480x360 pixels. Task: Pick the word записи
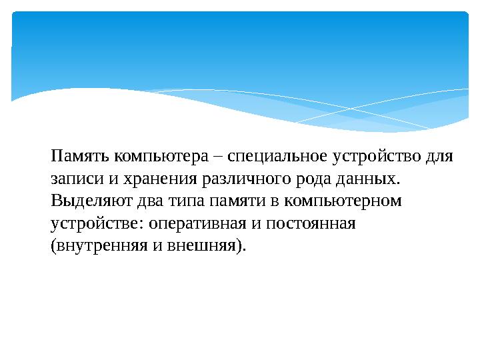(73, 180)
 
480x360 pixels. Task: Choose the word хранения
(143, 180)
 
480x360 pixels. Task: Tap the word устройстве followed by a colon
(94, 224)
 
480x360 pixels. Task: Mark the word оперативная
(193, 224)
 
